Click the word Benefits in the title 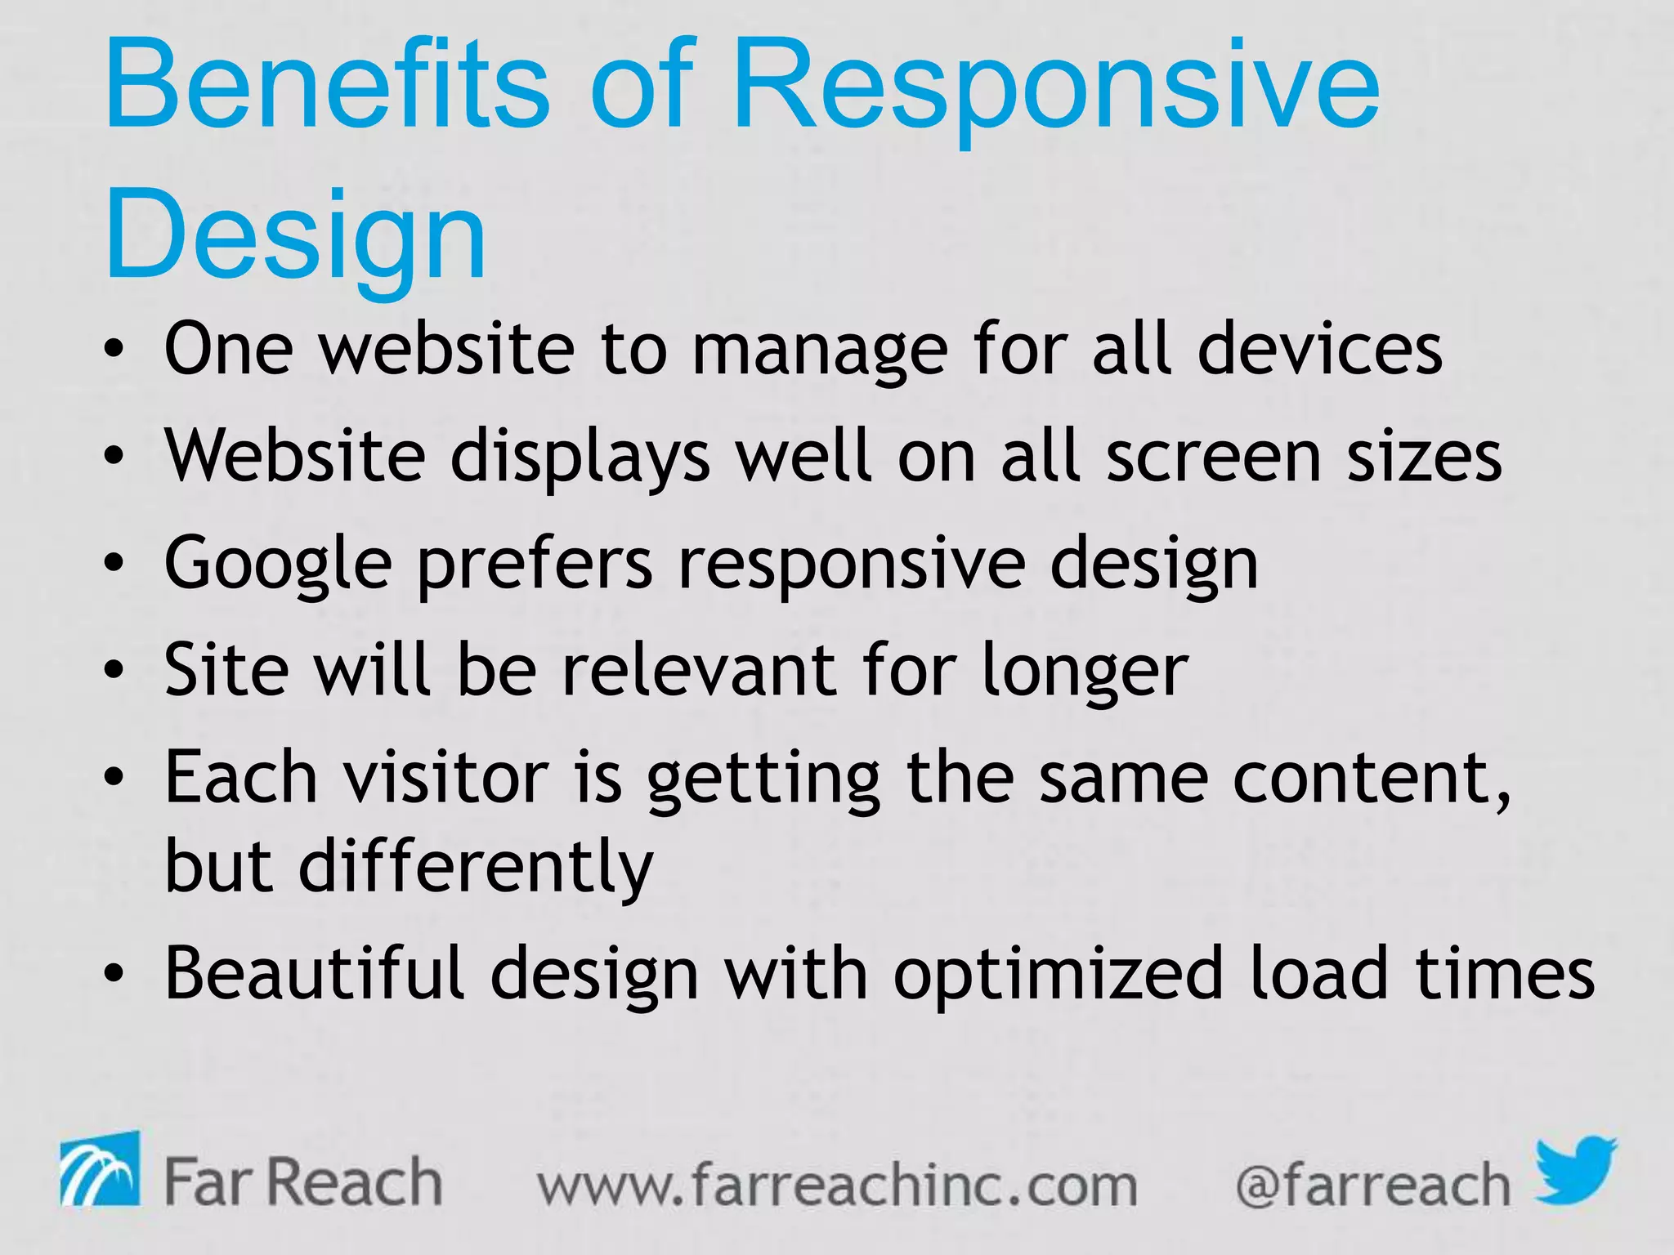pyautogui.click(x=327, y=86)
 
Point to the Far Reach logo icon pyautogui.click(x=100, y=1169)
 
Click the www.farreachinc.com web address pyautogui.click(x=838, y=1185)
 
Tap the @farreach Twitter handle pyautogui.click(x=1372, y=1185)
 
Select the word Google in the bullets pyautogui.click(x=278, y=564)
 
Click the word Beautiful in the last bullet pyautogui.click(x=315, y=972)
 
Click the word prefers pyautogui.click(x=535, y=564)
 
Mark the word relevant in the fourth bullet pyautogui.click(x=700, y=670)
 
